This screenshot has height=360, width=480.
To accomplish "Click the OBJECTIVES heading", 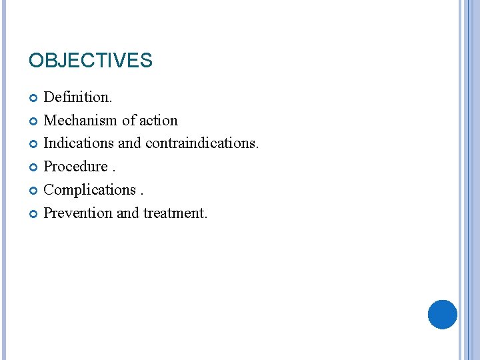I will coord(91,61).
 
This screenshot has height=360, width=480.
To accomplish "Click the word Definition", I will coord(77,97).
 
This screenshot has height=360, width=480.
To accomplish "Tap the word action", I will coord(159,121).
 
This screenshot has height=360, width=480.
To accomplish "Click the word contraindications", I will coord(202,143).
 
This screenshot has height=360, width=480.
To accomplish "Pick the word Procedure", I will coord(75,167).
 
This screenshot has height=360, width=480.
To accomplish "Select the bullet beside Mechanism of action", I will coord(34,121).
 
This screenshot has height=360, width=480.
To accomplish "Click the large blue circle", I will coord(443,314).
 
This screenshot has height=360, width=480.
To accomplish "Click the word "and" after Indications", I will coord(129,143).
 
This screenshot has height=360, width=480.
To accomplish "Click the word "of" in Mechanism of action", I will coord(129,121).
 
